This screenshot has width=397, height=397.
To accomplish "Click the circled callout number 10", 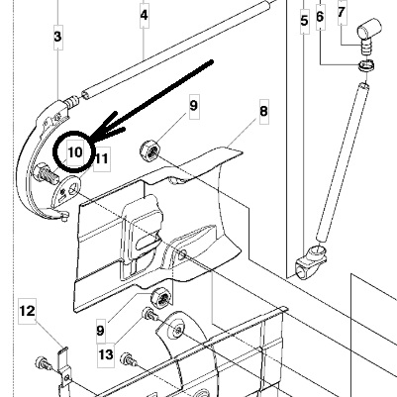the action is [x=75, y=152].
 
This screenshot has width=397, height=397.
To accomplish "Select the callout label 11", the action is [x=101, y=158].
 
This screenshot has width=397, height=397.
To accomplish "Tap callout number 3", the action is [x=57, y=37].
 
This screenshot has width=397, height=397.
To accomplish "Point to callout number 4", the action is [x=144, y=15].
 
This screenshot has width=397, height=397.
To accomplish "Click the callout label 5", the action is [x=304, y=21].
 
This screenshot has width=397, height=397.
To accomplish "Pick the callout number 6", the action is [x=320, y=16].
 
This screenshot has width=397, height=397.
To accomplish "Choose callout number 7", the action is [x=342, y=12].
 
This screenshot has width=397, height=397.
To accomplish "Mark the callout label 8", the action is [x=263, y=111].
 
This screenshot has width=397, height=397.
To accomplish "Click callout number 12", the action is [x=27, y=311].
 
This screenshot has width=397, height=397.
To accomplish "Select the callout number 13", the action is [x=106, y=355].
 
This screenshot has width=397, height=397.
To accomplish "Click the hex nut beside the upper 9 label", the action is [x=149, y=150].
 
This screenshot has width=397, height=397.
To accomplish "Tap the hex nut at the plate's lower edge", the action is [x=161, y=297].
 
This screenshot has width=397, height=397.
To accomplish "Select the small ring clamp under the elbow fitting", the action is [x=366, y=64].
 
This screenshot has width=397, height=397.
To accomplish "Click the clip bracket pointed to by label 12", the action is [x=63, y=369].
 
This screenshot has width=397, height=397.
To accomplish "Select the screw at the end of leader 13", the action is [x=150, y=314].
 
